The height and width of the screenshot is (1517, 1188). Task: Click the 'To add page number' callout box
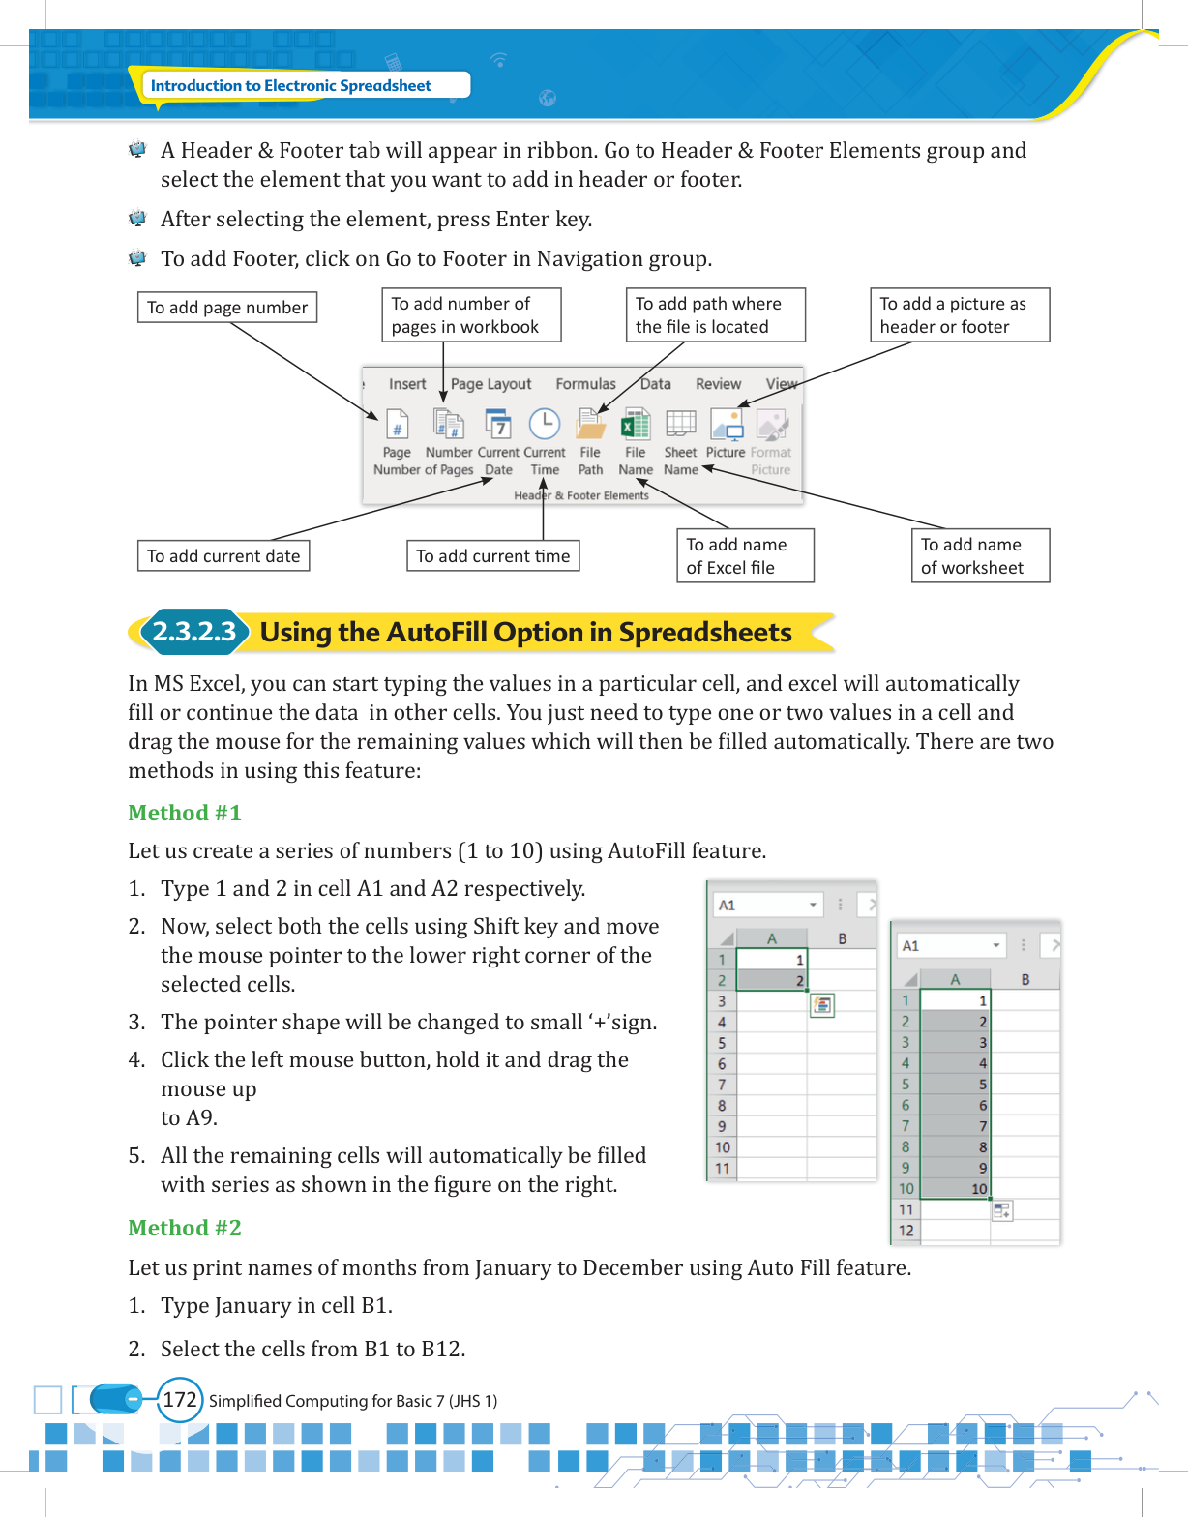226,307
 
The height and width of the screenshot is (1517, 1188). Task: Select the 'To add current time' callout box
492,555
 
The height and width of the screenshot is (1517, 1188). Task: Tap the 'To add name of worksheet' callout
980,555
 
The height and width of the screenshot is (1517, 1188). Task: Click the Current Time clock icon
545,424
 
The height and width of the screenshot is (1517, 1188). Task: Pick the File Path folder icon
590,424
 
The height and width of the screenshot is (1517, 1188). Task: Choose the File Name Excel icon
636,424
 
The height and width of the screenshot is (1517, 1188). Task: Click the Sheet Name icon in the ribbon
680,423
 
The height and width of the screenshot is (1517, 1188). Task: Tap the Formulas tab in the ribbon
585,384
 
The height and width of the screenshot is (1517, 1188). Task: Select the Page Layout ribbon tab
490,384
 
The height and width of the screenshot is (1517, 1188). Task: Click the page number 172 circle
180,1399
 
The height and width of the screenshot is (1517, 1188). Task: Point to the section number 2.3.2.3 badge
194,632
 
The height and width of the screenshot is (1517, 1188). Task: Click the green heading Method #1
184,813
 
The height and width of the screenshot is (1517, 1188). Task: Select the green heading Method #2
184,1228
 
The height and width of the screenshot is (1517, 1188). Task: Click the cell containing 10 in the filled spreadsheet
955,1188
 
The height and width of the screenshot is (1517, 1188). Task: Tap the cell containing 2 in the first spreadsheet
772,980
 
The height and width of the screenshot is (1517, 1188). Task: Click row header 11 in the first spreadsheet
723,1168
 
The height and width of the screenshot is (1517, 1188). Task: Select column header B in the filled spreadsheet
1025,979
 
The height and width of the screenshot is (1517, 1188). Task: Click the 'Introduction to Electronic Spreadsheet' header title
291,85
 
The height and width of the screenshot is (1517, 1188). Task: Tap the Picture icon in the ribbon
726,424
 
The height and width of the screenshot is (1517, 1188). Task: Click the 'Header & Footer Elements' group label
581,495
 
